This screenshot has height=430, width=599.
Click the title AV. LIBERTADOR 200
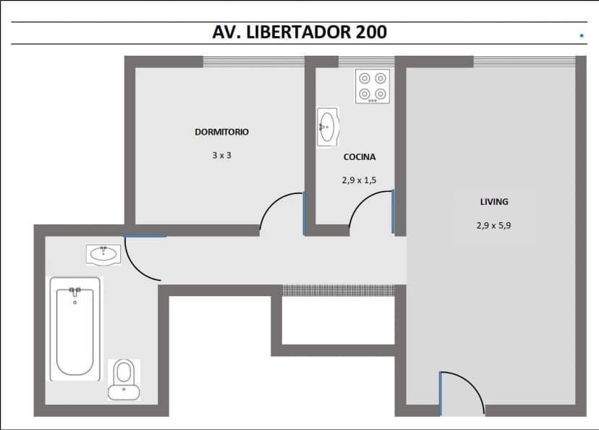(299, 32)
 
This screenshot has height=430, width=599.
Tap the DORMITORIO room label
(221, 132)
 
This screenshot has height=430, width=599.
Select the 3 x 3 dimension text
(221, 155)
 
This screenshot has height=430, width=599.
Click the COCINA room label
(360, 156)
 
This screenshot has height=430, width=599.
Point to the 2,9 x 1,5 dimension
(360, 180)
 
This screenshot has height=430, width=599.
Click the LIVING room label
(494, 202)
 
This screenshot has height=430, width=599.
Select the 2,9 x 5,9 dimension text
(494, 225)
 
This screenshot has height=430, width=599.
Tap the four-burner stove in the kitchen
(373, 86)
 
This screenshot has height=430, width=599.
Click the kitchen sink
(327, 127)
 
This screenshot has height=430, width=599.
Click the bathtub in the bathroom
(75, 329)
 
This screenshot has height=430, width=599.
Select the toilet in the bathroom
(124, 379)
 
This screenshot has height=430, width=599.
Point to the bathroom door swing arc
(141, 261)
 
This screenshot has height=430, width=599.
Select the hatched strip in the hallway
(339, 290)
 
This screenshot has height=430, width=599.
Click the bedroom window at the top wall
(253, 62)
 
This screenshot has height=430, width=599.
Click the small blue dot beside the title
(582, 35)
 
